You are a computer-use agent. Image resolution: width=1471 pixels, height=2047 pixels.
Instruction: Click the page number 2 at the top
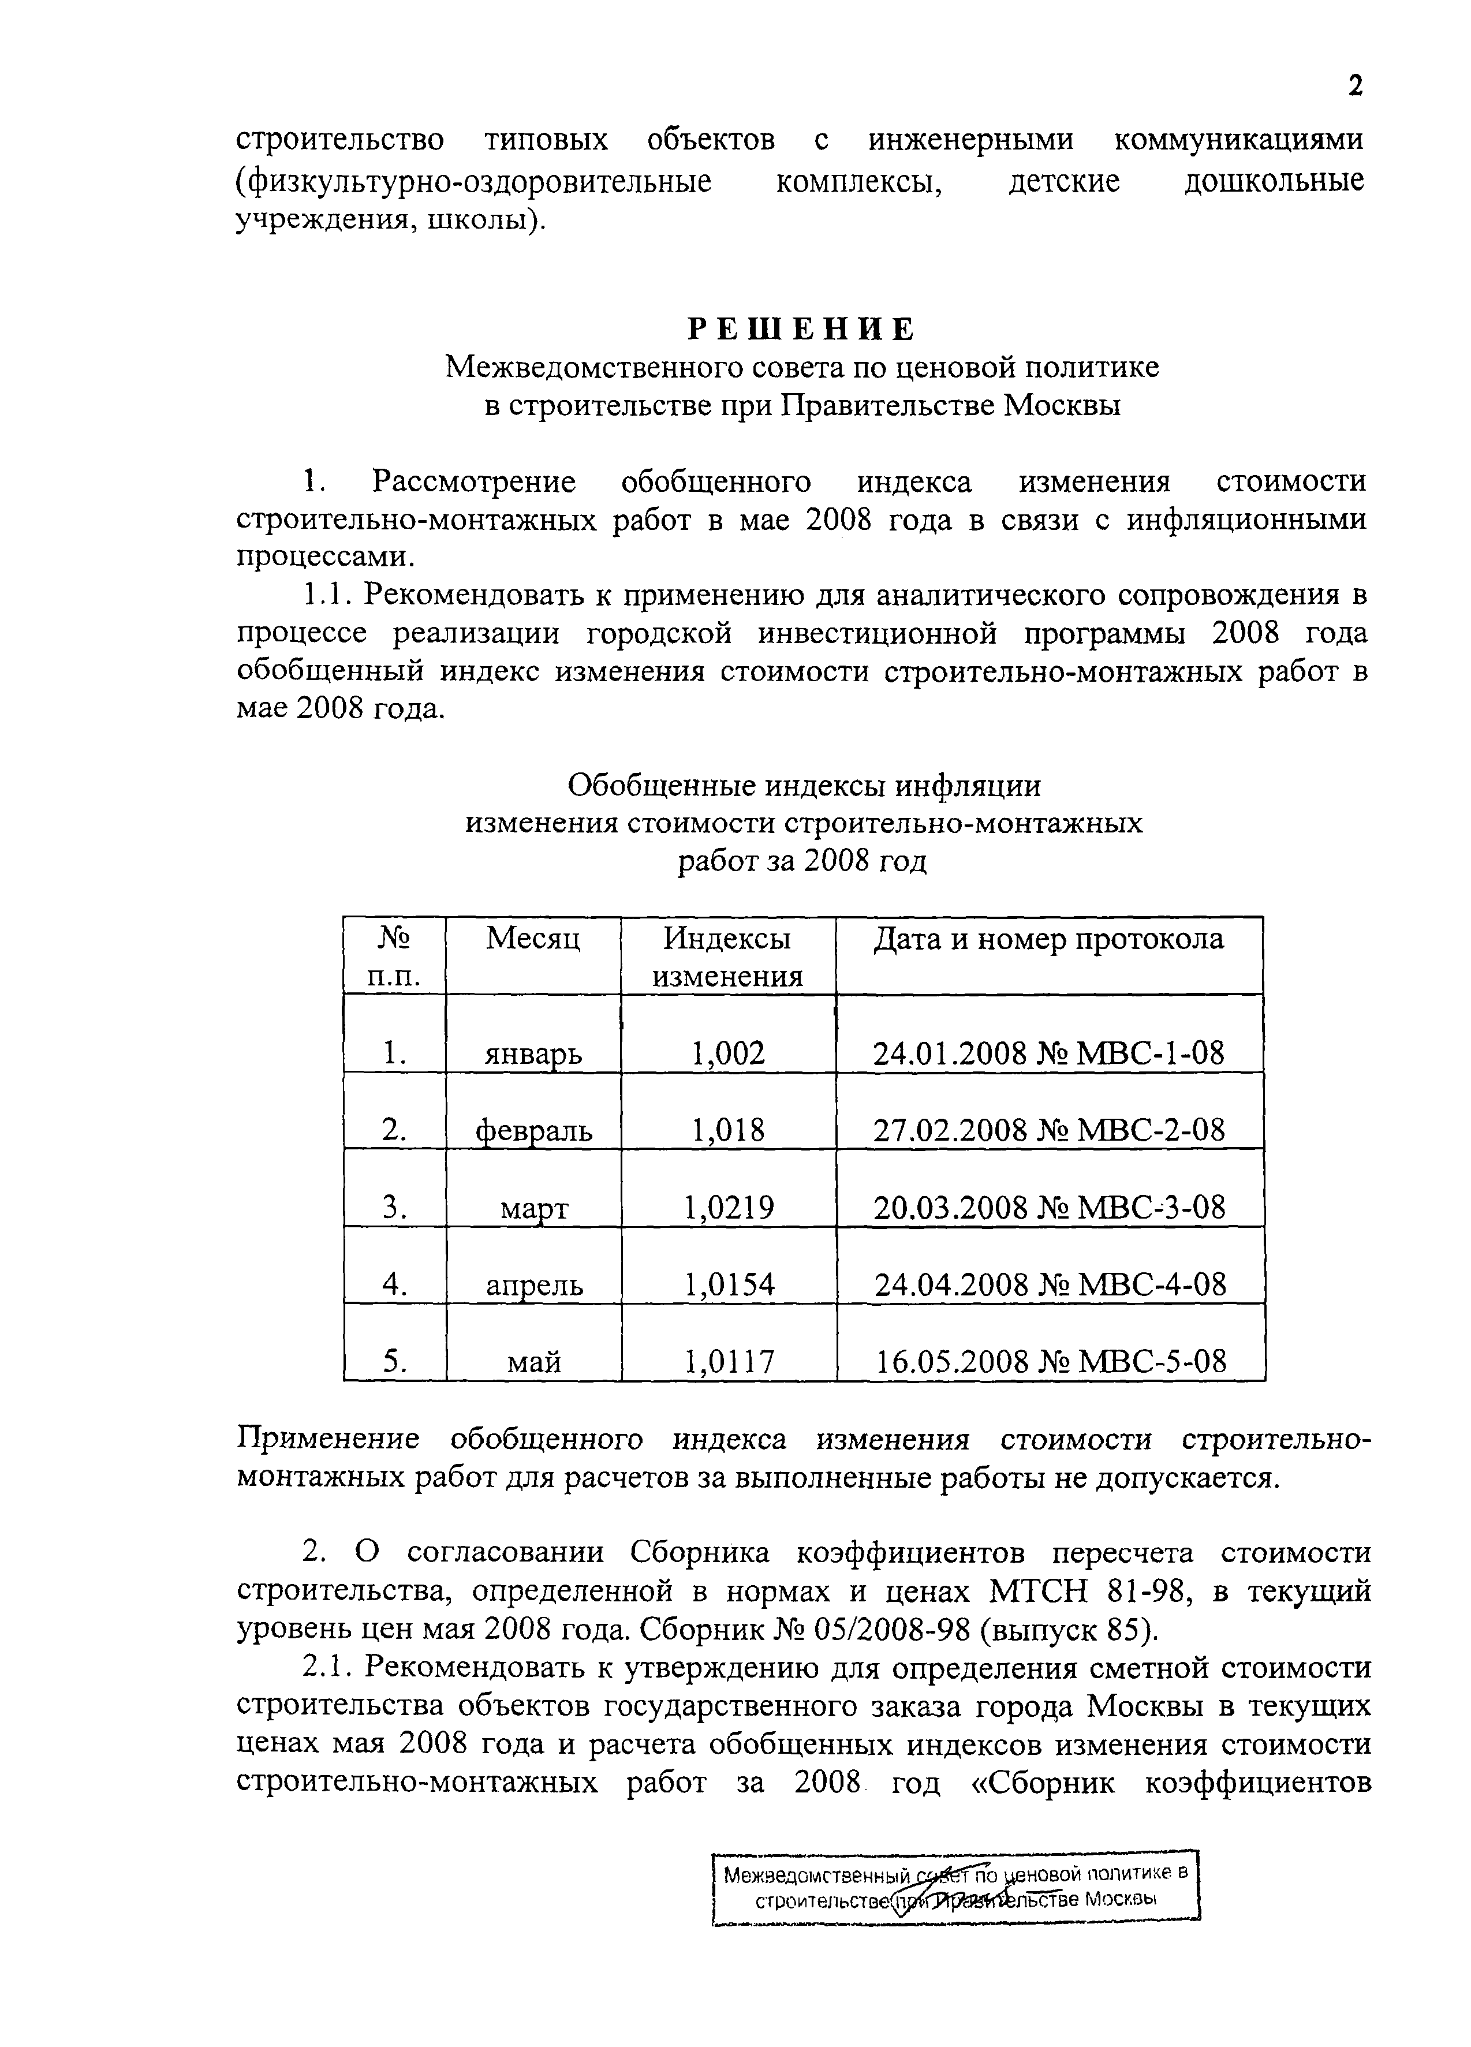tap(1354, 86)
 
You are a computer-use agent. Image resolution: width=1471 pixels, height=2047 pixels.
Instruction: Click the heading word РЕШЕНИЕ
tap(801, 328)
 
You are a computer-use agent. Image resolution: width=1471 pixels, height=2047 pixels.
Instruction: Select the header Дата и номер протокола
tap(1048, 940)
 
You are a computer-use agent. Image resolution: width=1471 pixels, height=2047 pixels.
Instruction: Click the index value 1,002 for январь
tap(727, 1052)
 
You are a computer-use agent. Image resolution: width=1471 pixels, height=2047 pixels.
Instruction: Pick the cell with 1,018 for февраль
tap(727, 1129)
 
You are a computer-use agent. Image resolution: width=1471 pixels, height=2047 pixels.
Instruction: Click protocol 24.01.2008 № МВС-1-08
tap(1048, 1052)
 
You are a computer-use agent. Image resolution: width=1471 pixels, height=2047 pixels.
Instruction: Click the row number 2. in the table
tap(394, 1129)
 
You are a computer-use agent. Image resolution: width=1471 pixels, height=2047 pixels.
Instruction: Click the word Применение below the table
tap(327, 1439)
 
